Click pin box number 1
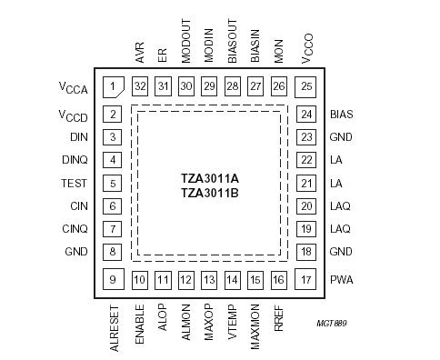tap(113, 86)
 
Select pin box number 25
tap(306, 86)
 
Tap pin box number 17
tap(306, 280)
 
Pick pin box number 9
tap(113, 280)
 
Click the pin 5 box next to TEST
tap(113, 183)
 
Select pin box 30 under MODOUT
tap(185, 85)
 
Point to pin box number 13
tap(209, 280)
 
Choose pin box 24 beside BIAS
tap(306, 115)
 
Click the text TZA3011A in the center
tap(210, 178)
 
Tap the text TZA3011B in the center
tap(210, 193)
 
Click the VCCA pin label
tap(75, 88)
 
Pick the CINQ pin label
tap(76, 228)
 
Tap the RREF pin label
tap(279, 317)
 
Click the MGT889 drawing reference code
tap(332, 323)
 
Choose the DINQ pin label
tap(76, 160)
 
